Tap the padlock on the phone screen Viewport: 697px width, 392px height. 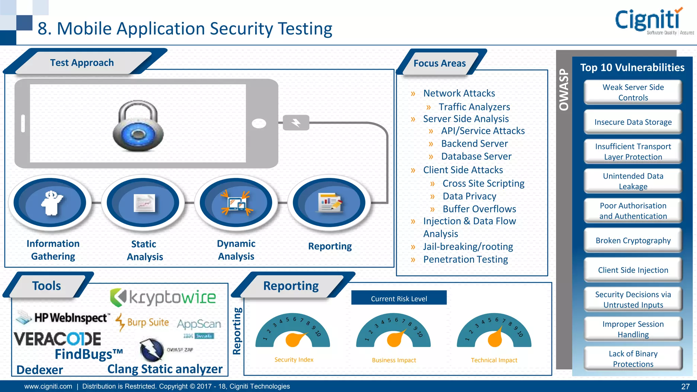click(x=138, y=126)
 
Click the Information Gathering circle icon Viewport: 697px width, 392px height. click(x=50, y=203)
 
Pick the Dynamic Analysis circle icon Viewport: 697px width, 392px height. click(x=236, y=203)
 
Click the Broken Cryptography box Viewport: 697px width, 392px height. click(x=633, y=241)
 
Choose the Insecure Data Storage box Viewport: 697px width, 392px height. click(x=633, y=122)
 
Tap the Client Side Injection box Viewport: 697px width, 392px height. click(x=633, y=270)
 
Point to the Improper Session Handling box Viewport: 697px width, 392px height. click(x=633, y=329)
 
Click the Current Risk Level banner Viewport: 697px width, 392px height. click(x=399, y=298)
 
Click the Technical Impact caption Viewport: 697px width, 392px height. click(x=494, y=360)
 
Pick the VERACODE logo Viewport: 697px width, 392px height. click(x=58, y=339)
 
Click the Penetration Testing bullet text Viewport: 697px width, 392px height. click(x=465, y=260)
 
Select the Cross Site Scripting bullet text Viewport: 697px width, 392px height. click(x=483, y=184)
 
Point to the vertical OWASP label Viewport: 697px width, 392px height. click(x=564, y=90)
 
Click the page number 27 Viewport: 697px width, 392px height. click(x=685, y=387)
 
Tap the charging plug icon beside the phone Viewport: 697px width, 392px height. click(x=296, y=122)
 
